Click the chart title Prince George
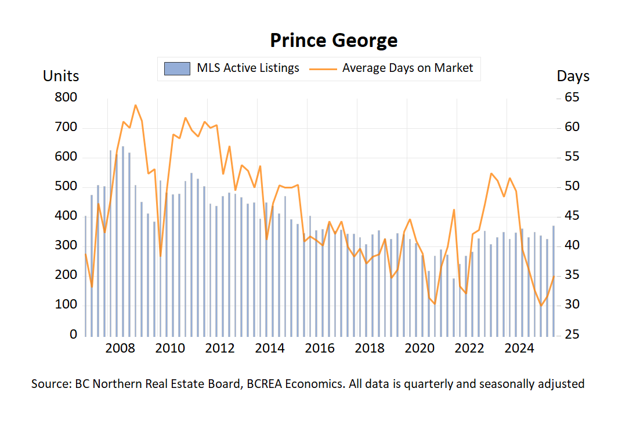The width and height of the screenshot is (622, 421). click(334, 41)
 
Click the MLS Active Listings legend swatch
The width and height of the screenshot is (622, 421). click(177, 68)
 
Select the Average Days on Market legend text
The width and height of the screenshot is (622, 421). click(407, 68)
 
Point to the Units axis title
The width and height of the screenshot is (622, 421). click(61, 76)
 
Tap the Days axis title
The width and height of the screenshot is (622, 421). click(573, 76)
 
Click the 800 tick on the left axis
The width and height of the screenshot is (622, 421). click(66, 97)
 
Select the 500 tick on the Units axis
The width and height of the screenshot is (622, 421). click(66, 187)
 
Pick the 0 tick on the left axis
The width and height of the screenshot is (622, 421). click(74, 335)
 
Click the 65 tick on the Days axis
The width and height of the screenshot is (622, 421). click(573, 97)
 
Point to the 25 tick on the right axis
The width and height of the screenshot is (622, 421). click(573, 335)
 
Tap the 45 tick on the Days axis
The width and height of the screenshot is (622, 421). click(573, 216)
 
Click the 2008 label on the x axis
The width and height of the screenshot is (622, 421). click(121, 349)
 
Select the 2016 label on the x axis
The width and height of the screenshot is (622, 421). click(320, 349)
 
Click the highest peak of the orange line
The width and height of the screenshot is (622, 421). click(135, 105)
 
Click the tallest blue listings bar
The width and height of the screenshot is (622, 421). click(123, 241)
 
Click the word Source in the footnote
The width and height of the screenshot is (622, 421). click(50, 384)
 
